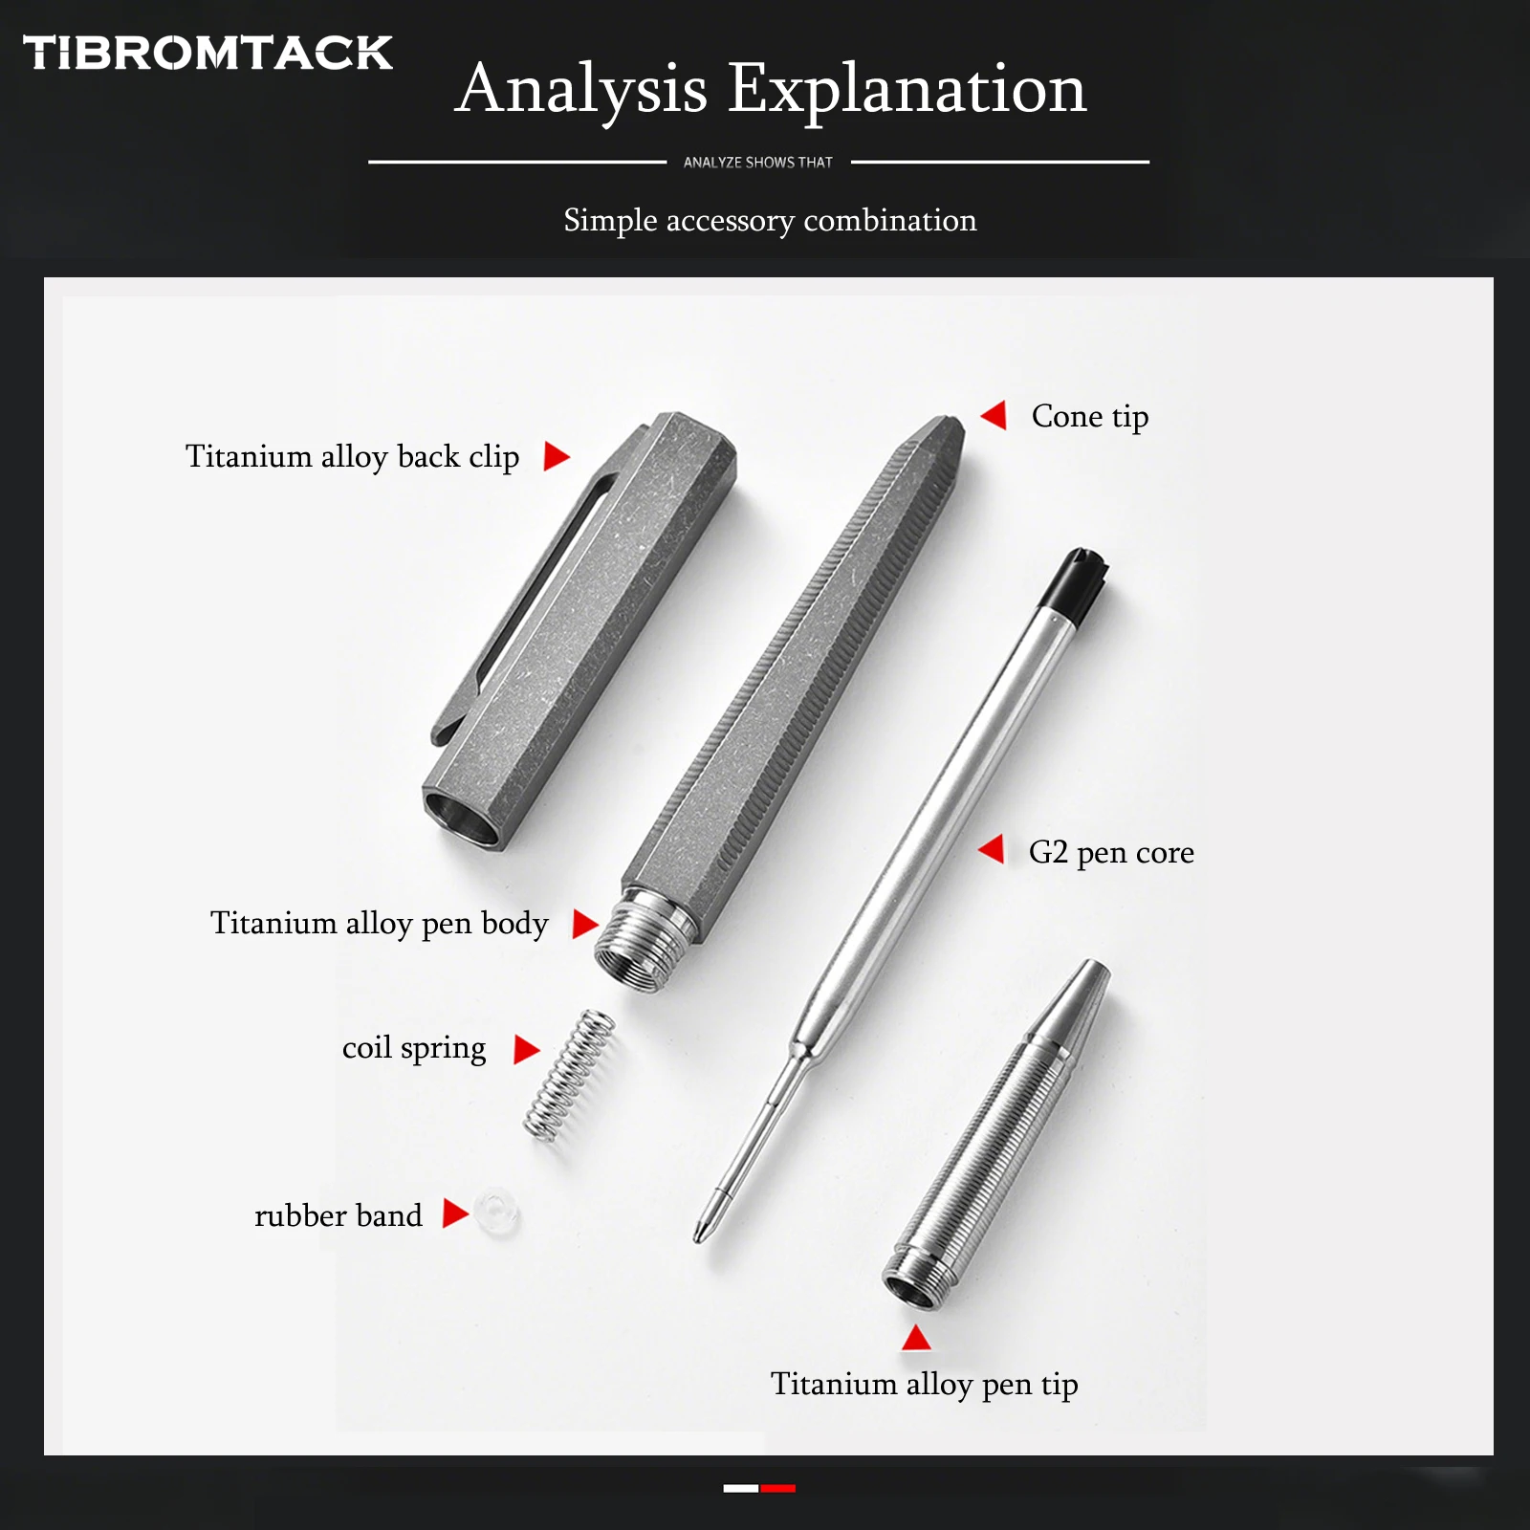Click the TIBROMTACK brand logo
(x=208, y=53)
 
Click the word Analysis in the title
(x=580, y=89)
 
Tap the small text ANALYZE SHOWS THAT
(x=757, y=163)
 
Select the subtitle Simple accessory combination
(x=770, y=221)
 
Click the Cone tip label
(x=1089, y=417)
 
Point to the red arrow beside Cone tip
(x=994, y=415)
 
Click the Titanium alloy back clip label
(x=352, y=457)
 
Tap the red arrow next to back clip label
(x=556, y=456)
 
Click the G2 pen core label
(x=1110, y=852)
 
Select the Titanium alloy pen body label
(x=379, y=924)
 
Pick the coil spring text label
(x=413, y=1048)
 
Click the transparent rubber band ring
(x=497, y=1213)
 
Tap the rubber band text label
(x=338, y=1216)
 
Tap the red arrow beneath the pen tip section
(x=916, y=1339)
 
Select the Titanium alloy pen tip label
(x=924, y=1385)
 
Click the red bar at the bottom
(x=778, y=1488)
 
